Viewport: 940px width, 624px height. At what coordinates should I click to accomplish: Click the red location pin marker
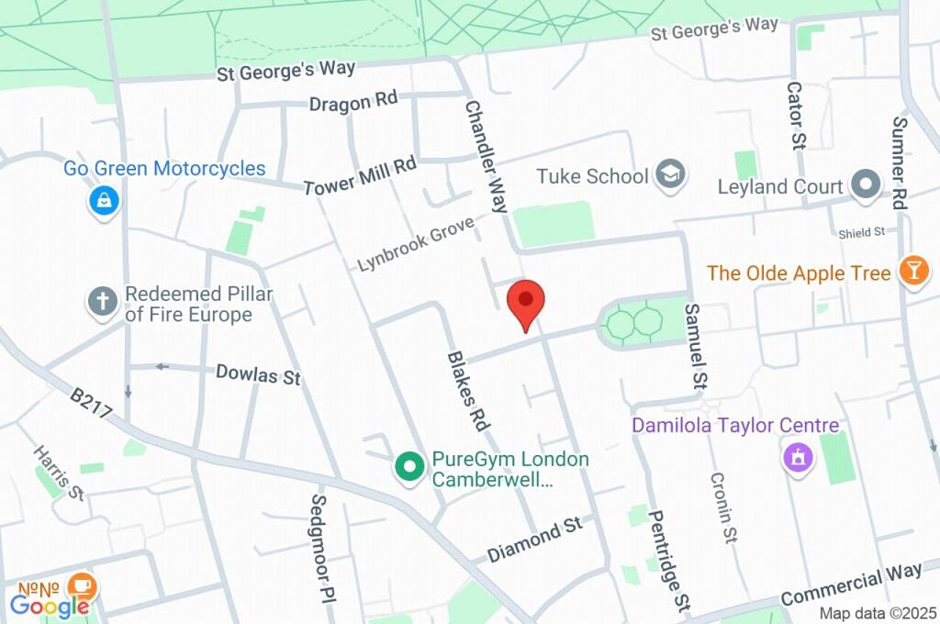click(x=526, y=301)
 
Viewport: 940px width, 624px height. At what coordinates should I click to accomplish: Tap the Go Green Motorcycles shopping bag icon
click(x=105, y=199)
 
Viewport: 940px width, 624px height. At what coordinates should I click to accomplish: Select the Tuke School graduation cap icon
click(x=672, y=175)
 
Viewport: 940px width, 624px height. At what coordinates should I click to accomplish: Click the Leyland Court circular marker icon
click(x=865, y=185)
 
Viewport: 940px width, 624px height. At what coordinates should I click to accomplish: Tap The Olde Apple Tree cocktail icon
click(x=914, y=273)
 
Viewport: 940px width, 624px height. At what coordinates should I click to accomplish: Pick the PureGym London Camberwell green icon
click(x=409, y=467)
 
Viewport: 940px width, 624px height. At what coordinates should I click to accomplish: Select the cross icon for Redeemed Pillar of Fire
click(x=102, y=302)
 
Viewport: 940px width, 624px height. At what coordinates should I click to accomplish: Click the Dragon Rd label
click(x=352, y=102)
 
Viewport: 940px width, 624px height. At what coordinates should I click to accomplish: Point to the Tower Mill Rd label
click(x=360, y=173)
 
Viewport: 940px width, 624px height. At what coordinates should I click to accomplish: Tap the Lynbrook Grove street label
click(x=416, y=243)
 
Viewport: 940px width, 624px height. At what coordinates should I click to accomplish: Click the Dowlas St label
click(x=258, y=374)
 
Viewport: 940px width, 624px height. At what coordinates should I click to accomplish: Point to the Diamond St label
click(x=534, y=540)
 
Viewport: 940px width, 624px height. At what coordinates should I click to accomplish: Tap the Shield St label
click(x=860, y=233)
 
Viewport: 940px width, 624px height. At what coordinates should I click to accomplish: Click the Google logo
click(x=50, y=605)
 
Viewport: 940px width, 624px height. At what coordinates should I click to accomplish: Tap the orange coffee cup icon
click(x=83, y=584)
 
